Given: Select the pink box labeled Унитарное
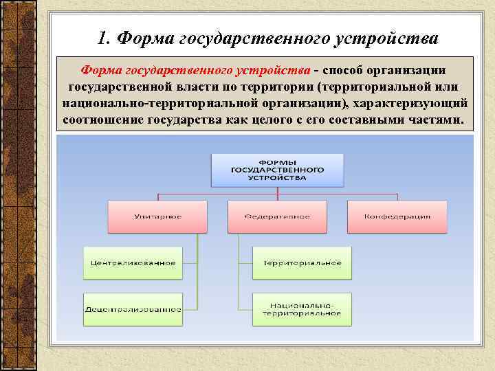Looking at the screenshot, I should click(157, 216).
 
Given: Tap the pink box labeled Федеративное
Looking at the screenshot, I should click(277, 216).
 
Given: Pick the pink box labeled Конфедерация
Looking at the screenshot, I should click(397, 216).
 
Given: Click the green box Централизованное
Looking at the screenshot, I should click(133, 262).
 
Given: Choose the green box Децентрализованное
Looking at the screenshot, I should click(133, 309).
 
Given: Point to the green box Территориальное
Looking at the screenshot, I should click(302, 262).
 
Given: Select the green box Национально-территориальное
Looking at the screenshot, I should click(302, 309).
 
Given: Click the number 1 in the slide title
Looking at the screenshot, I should click(102, 37).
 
